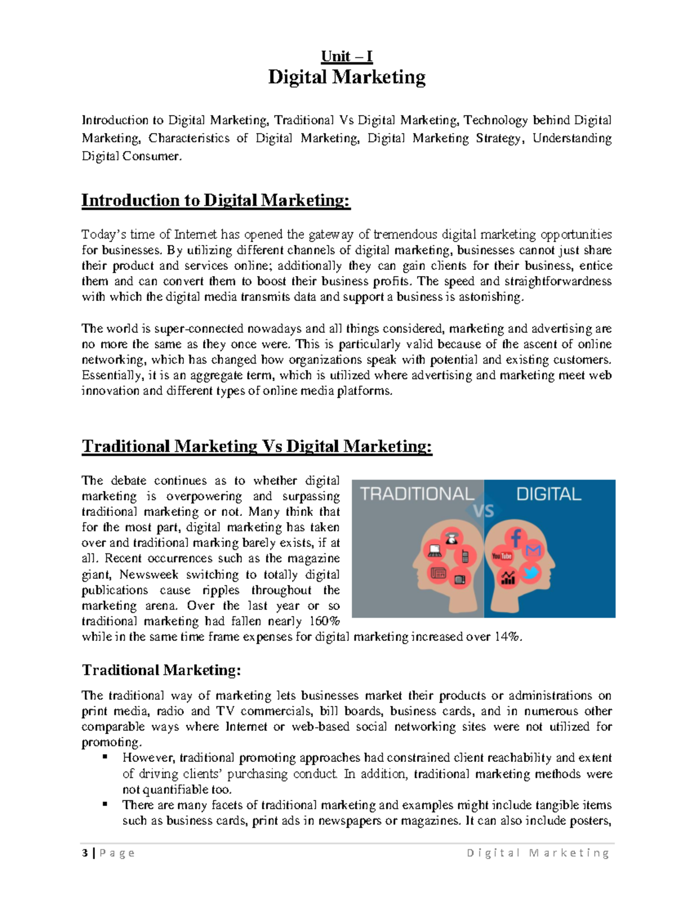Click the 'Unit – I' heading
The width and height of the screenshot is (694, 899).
coord(346,56)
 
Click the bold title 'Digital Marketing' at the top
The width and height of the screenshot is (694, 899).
coord(346,77)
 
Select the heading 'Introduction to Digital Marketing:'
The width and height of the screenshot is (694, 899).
coord(216,200)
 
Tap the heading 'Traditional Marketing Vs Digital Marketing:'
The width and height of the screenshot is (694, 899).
coord(257,446)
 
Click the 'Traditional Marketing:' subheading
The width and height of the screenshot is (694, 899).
coord(161,670)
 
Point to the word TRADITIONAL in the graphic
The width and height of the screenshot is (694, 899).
coord(417,494)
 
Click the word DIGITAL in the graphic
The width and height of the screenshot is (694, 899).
coord(548,494)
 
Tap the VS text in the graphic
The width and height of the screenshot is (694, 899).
coord(483,511)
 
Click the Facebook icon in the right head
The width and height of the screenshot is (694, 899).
coord(515,538)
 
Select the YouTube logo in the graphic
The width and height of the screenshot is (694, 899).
coord(501,556)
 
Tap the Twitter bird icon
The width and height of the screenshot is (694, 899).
coord(530,573)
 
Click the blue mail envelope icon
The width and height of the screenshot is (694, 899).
coord(534,550)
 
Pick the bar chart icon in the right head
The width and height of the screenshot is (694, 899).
coord(508,578)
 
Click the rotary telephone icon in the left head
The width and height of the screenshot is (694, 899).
coord(451,538)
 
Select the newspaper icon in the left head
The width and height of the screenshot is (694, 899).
coord(438,573)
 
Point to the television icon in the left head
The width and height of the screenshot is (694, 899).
coord(460,579)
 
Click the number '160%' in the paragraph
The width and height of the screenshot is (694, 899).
coord(324,621)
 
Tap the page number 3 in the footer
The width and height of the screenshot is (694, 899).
coord(85,853)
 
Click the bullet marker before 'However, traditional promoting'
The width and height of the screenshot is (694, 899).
coord(105,757)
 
